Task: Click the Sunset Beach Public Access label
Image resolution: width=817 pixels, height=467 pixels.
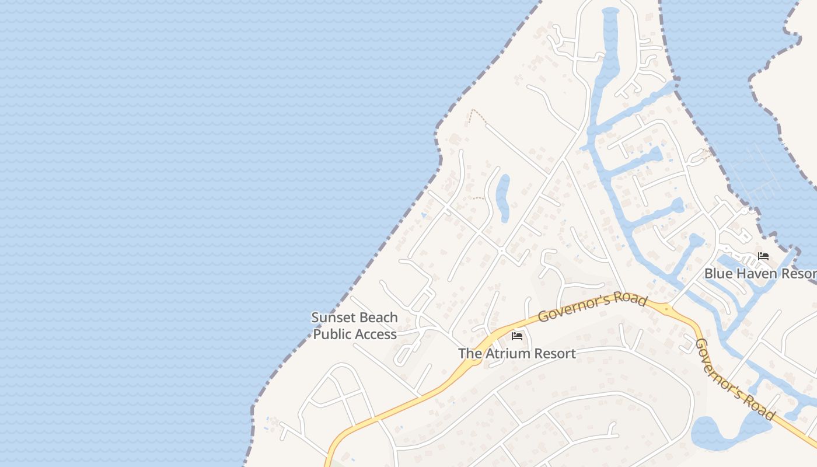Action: click(355, 326)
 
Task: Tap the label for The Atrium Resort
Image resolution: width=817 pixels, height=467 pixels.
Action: click(516, 354)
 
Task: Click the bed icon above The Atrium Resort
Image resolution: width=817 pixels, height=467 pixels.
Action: click(516, 336)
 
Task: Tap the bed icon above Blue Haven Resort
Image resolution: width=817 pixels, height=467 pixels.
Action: click(763, 256)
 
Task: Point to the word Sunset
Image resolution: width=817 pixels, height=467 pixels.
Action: click(332, 318)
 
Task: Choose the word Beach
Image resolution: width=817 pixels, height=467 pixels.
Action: click(378, 318)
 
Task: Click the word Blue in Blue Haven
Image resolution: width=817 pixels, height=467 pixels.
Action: click(717, 273)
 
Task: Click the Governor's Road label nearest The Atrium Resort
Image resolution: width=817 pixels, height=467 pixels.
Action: click(592, 308)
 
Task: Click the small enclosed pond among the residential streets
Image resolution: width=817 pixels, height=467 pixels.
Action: click(502, 197)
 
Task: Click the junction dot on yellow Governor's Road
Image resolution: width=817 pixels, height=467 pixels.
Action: click(666, 308)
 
